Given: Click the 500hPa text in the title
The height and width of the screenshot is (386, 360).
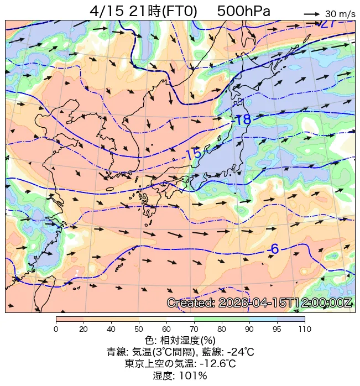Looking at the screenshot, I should pyautogui.click(x=244, y=11).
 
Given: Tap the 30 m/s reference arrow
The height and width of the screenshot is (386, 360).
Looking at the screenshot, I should pyautogui.click(x=312, y=13).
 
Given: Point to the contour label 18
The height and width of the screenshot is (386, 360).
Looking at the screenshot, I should pyautogui.click(x=243, y=120).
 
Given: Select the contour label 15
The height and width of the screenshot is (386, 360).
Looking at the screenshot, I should pyautogui.click(x=193, y=155).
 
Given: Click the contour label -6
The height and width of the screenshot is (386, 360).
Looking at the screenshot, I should pyautogui.click(x=273, y=249).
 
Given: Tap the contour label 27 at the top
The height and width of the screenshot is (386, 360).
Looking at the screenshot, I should pyautogui.click(x=327, y=24).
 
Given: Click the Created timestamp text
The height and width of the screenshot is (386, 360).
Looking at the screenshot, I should pyautogui.click(x=259, y=303).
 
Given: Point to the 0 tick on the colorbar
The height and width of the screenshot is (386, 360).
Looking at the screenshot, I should pyautogui.click(x=56, y=329).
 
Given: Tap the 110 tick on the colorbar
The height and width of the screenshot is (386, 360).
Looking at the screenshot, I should pyautogui.click(x=305, y=329).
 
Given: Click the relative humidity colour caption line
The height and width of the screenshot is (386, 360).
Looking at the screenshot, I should pyautogui.click(x=180, y=340).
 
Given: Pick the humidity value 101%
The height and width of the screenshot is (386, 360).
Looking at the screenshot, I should pyautogui.click(x=194, y=376).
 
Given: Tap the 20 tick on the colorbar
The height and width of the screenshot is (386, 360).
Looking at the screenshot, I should pyautogui.click(x=84, y=329).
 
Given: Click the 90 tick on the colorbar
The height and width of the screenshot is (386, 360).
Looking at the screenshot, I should pyautogui.click(x=249, y=329).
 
